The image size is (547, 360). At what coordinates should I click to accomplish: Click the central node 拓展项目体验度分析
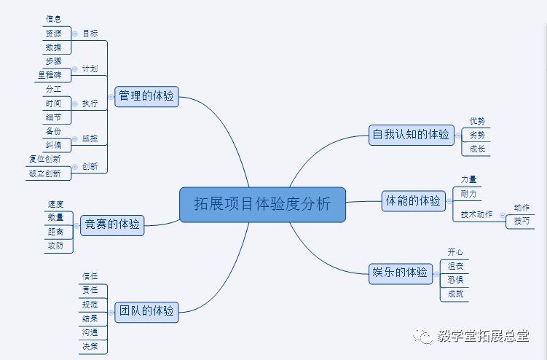click(262, 204)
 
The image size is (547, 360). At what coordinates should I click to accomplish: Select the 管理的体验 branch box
click(146, 95)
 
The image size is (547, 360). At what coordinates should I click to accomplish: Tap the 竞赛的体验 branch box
click(111, 224)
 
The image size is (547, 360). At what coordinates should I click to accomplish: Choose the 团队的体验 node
click(146, 311)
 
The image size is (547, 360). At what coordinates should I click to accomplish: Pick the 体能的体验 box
click(412, 200)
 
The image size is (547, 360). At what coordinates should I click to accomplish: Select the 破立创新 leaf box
click(45, 173)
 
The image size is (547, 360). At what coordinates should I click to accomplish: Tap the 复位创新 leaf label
click(45, 158)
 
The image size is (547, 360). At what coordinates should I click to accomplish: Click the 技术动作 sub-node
click(476, 214)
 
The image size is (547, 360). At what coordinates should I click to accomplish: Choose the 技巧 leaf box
click(522, 221)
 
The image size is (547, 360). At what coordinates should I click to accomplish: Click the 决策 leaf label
click(90, 346)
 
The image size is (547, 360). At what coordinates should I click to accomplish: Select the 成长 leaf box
click(477, 149)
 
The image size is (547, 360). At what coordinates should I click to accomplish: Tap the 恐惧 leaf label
click(455, 280)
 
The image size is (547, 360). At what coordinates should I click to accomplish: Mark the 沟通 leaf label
click(90, 332)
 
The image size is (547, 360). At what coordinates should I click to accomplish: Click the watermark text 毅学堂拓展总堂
click(484, 336)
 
